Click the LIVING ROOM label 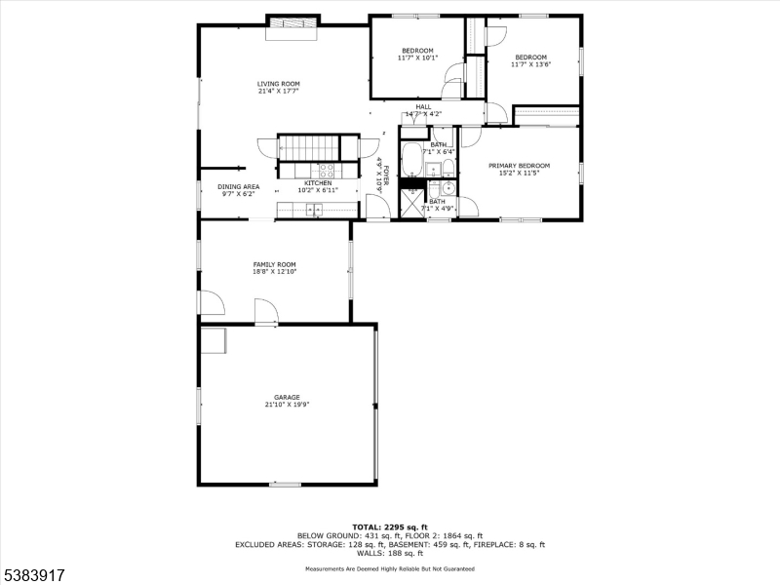[279, 85]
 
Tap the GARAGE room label [287, 398]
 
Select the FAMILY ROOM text [275, 264]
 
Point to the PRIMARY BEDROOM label [519, 166]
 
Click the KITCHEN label [318, 183]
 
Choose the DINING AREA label [238, 186]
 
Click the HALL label [423, 107]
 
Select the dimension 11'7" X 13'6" [532, 65]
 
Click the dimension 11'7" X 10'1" [417, 58]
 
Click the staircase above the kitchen [308, 148]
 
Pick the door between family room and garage [264, 314]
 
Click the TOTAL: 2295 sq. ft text [390, 526]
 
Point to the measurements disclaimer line [390, 567]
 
